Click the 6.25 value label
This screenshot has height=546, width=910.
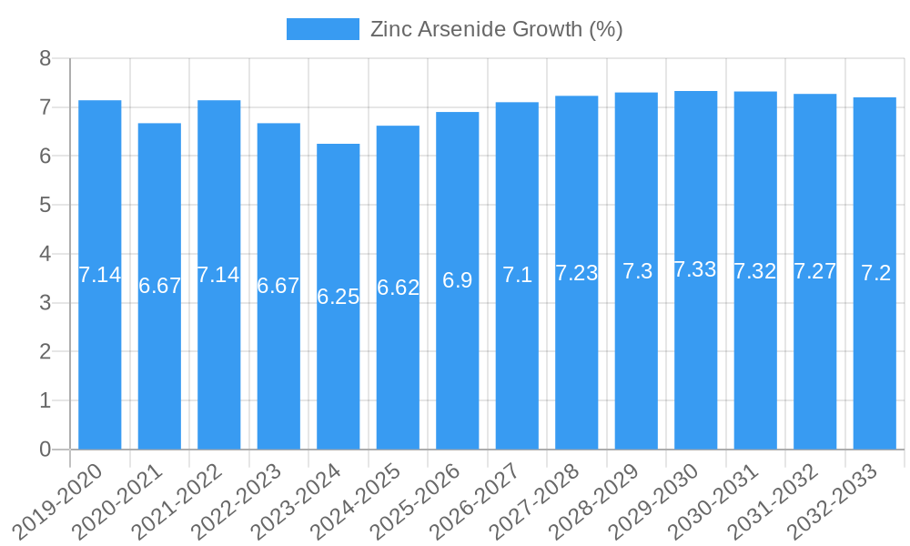[339, 297]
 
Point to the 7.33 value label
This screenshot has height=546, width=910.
[696, 269]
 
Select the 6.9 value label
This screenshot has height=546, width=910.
[458, 280]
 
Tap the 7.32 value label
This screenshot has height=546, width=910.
[755, 271]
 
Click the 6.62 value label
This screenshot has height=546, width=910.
[398, 288]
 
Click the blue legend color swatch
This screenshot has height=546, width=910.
[322, 29]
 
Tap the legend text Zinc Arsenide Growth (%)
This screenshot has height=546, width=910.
[497, 29]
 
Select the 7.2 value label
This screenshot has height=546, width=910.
[875, 273]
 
